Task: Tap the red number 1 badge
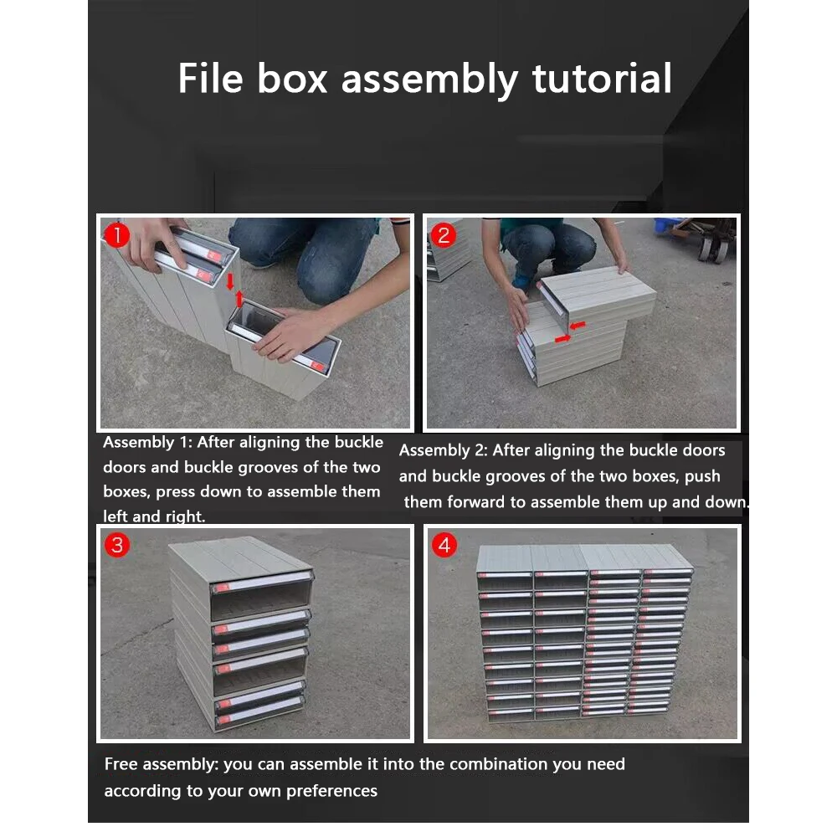(x=117, y=235)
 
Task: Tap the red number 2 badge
(x=443, y=235)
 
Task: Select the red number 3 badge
(x=117, y=546)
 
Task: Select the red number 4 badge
(x=443, y=546)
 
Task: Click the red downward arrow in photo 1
(x=230, y=280)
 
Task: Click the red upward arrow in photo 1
(x=240, y=299)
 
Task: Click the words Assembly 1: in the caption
(x=147, y=443)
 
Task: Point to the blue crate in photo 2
(x=667, y=227)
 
